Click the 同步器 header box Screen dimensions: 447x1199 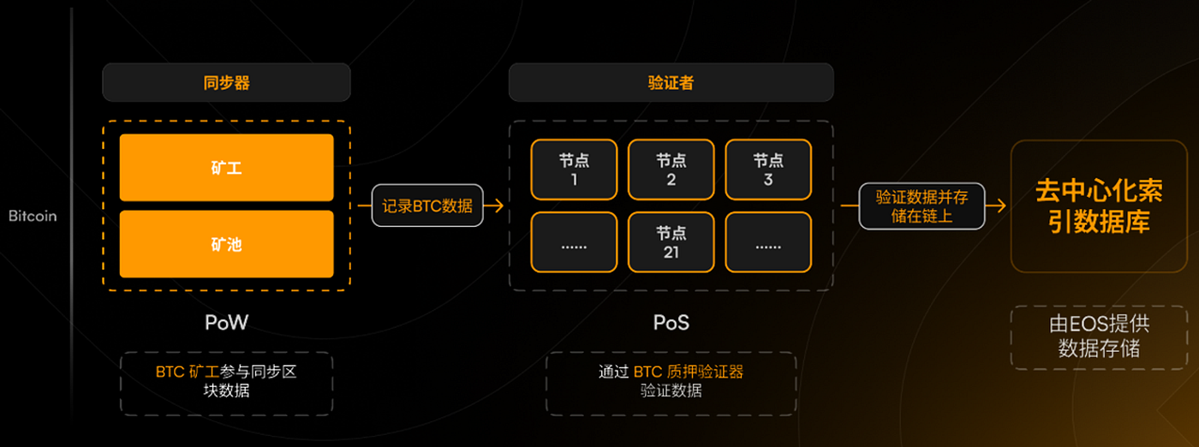226,83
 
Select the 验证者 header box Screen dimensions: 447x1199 671,83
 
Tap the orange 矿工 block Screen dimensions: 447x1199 226,168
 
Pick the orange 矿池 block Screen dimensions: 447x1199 226,244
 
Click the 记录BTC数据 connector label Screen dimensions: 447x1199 427,206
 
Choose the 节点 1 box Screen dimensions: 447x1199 574,170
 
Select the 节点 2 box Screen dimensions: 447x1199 671,170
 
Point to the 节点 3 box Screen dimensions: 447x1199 767,170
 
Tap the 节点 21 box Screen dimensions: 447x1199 671,242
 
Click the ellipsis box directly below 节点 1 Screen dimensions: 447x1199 574,242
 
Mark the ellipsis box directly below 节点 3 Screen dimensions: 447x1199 767,242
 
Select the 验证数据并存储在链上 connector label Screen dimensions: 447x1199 922,206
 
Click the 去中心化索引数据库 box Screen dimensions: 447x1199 1092,206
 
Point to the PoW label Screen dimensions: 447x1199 226,323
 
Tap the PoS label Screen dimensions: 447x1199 671,323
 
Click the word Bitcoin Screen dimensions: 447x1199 33,216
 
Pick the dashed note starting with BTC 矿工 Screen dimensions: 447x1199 226,382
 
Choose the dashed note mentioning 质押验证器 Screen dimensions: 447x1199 671,382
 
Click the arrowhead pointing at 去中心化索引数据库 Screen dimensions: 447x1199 999,206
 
